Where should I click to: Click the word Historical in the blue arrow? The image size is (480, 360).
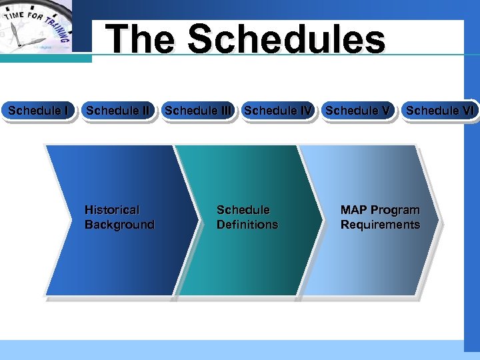(112, 210)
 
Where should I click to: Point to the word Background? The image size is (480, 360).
(119, 225)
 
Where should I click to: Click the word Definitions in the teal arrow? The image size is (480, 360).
(247, 225)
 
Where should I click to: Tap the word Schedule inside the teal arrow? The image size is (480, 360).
(243, 210)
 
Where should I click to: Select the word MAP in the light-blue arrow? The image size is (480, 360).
(353, 210)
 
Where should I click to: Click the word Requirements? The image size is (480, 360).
(380, 225)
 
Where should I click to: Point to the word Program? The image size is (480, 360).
(395, 210)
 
